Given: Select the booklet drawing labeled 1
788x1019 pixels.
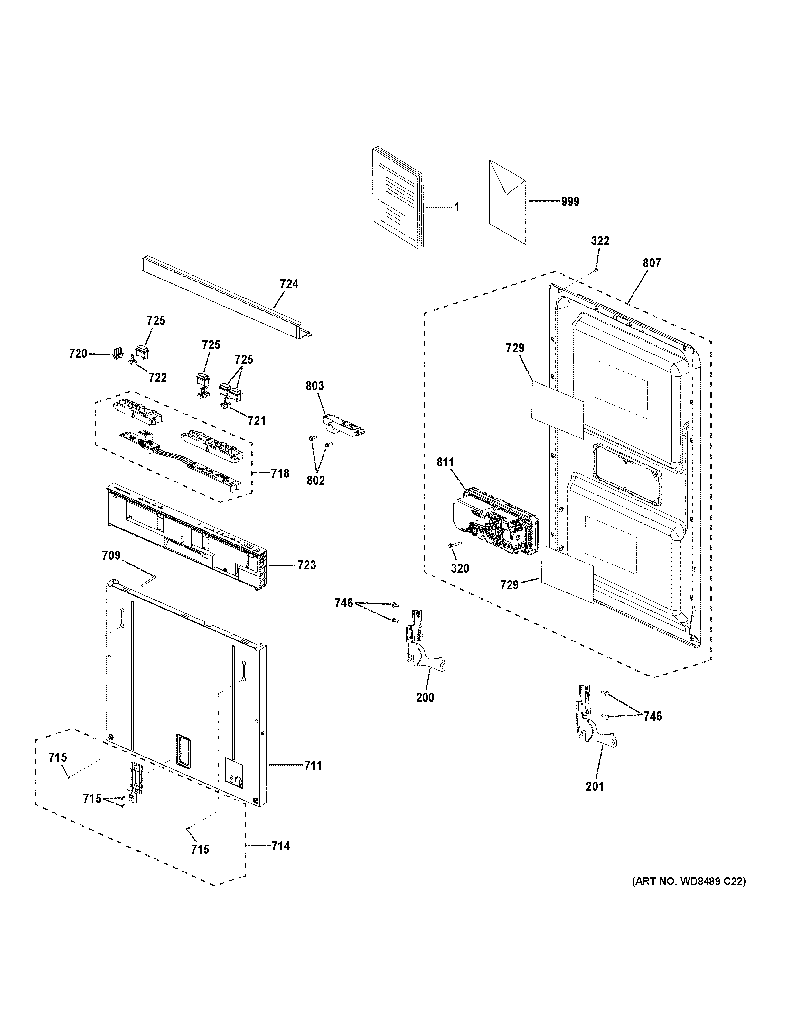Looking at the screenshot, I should (398, 198).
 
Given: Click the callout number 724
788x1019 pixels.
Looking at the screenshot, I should (289, 284).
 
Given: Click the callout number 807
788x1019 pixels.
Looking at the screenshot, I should (652, 263).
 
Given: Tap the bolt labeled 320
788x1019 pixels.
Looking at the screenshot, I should (454, 545).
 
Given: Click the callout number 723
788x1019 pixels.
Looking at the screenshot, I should (307, 565).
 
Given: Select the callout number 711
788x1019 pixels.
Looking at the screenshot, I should (313, 766).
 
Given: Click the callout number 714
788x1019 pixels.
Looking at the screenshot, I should (281, 846).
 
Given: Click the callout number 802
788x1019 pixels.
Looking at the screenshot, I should (315, 480).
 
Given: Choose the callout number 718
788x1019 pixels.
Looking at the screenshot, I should (280, 473).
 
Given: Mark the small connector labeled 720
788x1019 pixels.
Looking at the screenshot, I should (117, 354).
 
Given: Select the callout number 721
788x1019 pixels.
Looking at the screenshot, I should (256, 420).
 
